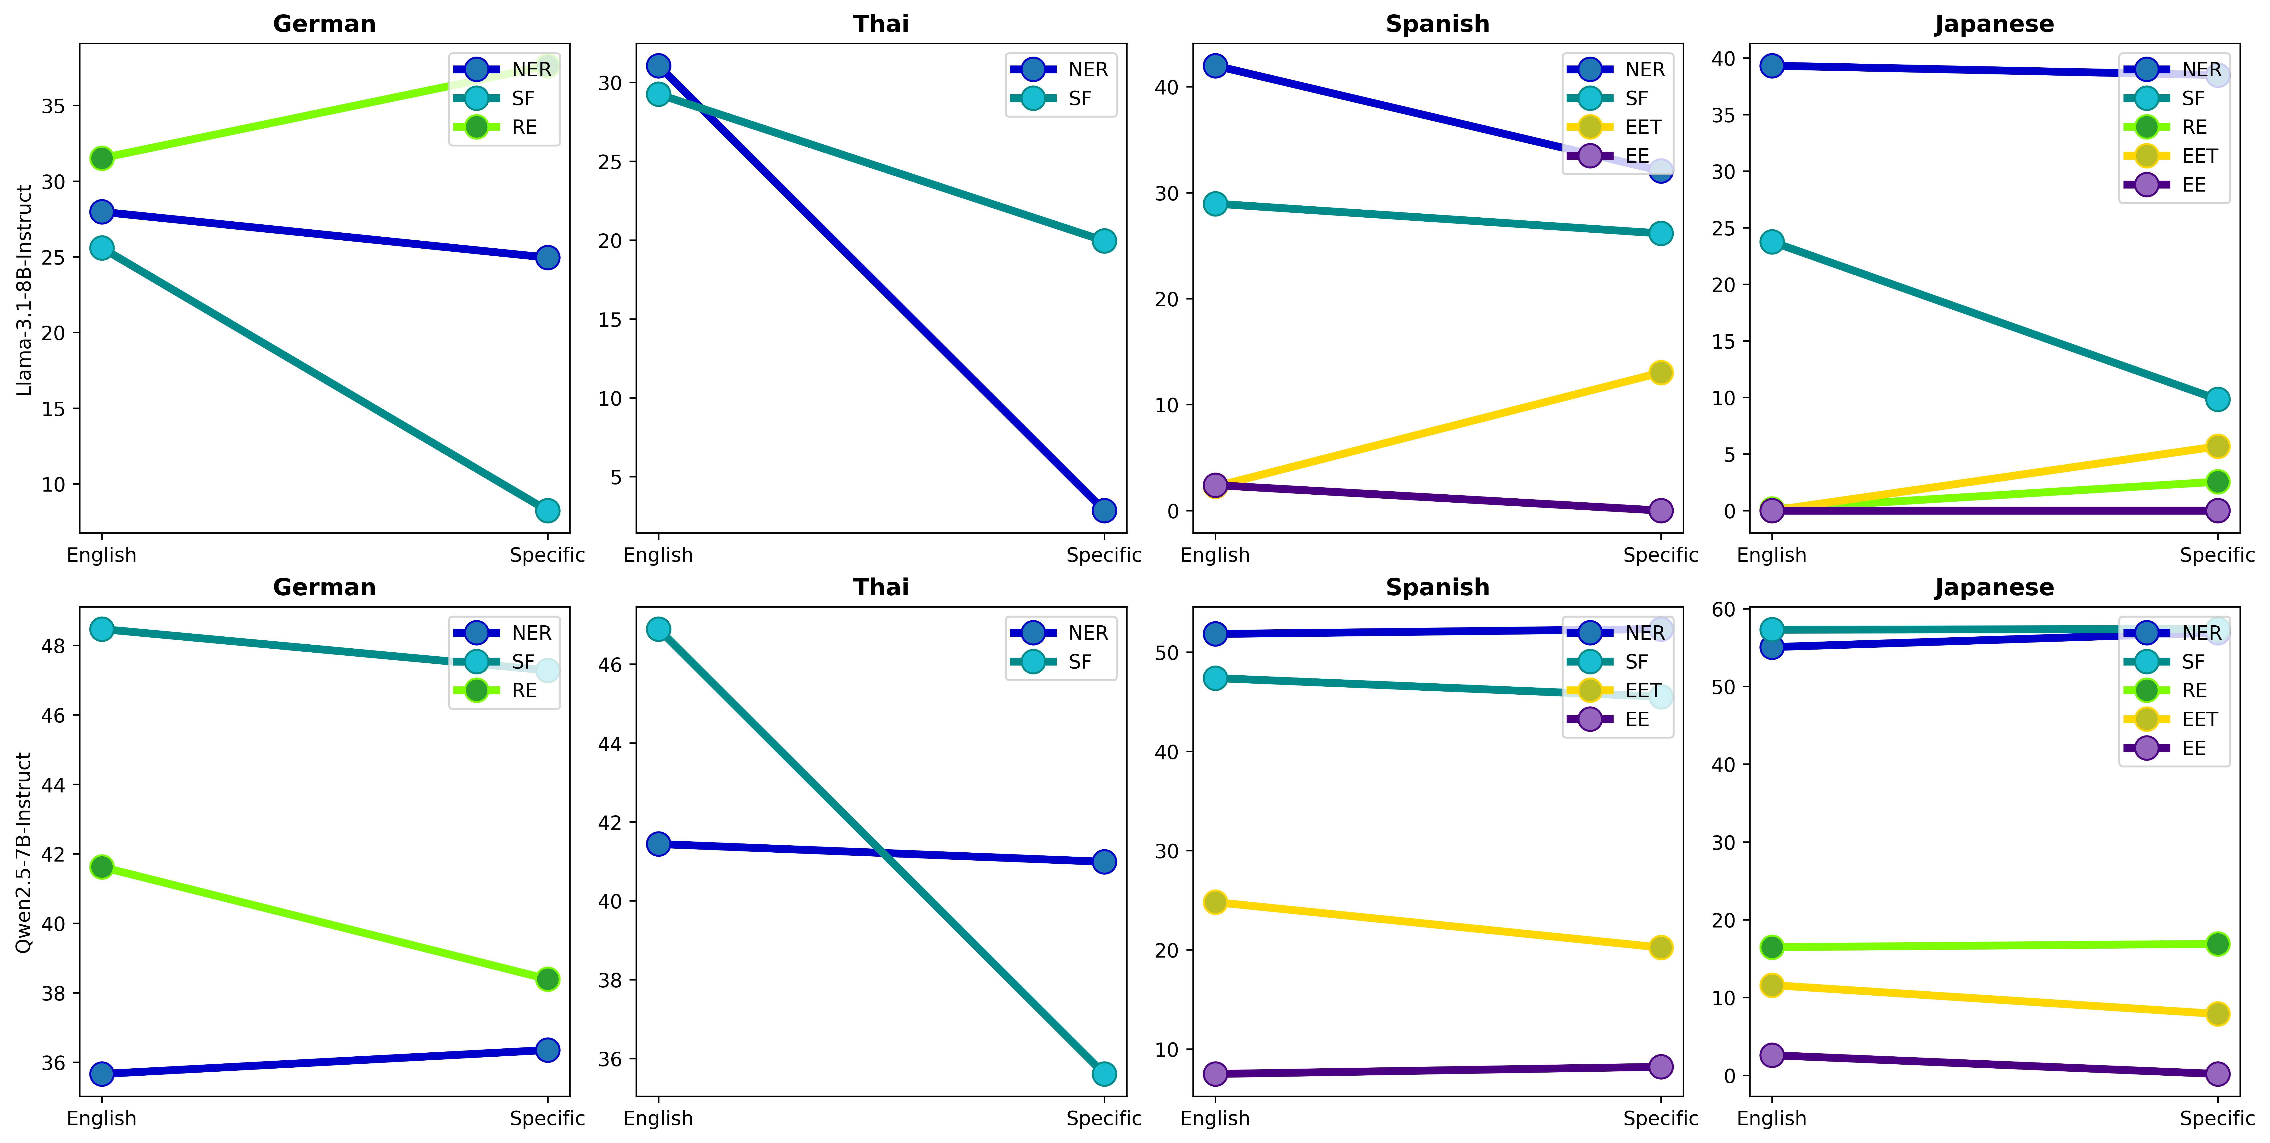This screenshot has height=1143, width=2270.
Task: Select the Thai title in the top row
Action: [880, 24]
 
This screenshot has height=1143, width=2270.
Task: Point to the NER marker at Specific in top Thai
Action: [1104, 510]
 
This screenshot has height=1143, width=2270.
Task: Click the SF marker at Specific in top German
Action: [547, 510]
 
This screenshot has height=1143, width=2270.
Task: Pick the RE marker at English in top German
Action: [102, 159]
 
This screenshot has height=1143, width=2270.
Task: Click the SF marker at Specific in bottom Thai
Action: [1104, 1073]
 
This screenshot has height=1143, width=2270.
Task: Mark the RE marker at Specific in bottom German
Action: [547, 979]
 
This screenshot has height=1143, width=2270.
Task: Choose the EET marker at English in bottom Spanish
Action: [1215, 902]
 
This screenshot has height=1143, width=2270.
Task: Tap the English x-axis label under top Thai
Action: [658, 555]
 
